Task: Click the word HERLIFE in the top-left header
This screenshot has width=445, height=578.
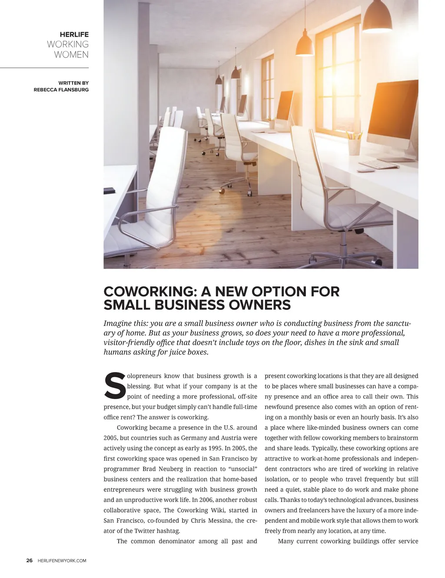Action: click(74, 34)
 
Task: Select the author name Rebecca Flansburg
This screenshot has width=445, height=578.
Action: click(61, 90)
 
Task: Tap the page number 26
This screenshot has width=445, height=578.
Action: click(29, 561)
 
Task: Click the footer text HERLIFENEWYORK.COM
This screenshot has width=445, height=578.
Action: click(62, 561)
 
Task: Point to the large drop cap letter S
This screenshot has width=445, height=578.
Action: click(114, 385)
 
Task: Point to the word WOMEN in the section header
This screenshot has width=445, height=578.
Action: click(71, 55)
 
